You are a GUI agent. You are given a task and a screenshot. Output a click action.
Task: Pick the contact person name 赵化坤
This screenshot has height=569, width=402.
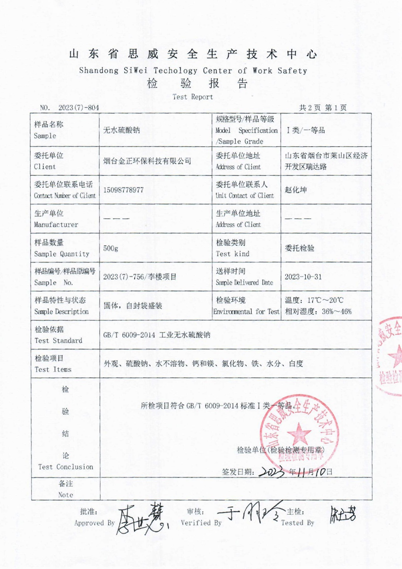[295, 190]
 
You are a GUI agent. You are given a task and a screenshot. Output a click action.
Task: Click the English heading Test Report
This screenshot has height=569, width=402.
[192, 96]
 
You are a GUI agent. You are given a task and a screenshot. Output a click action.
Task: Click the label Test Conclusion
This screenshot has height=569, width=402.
[66, 467]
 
